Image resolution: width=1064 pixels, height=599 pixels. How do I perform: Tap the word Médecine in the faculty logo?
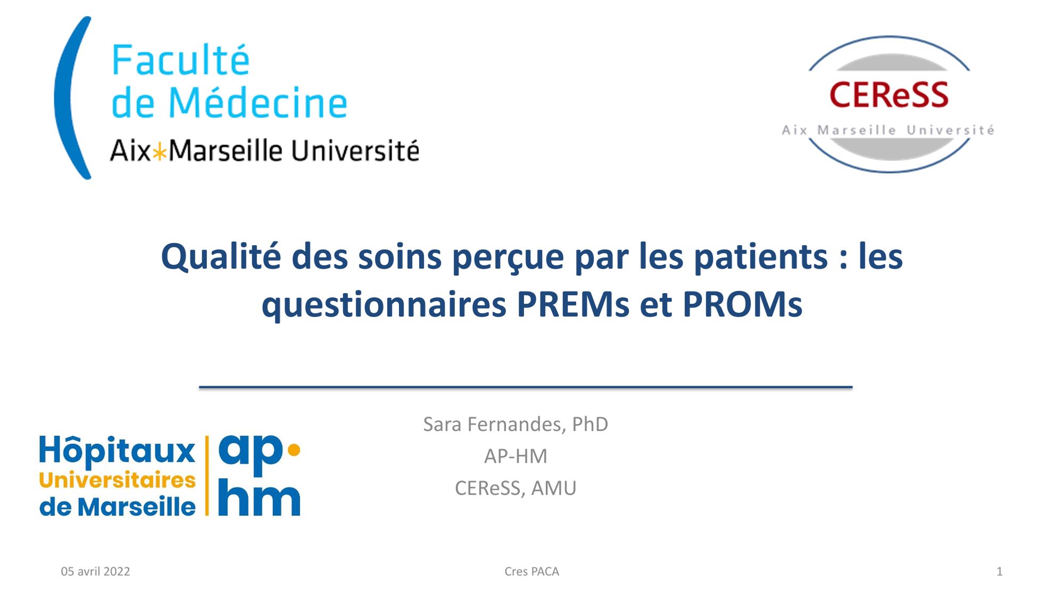[258, 102]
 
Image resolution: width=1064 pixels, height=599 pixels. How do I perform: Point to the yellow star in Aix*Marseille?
[160, 153]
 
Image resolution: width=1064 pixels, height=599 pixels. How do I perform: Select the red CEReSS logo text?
[889, 95]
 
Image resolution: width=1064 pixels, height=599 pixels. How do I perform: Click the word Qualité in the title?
[221, 256]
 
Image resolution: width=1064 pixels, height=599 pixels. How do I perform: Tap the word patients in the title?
[761, 257]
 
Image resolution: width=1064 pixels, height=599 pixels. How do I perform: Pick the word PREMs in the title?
[573, 304]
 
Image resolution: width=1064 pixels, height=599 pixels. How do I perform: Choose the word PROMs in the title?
[742, 304]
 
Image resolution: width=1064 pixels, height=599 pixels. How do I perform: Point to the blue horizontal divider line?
[526, 387]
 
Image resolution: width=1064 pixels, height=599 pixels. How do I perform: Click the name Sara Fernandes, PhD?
[516, 424]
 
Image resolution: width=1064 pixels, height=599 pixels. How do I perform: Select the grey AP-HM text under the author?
[516, 456]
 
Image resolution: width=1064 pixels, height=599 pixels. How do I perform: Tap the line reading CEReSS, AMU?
[516, 488]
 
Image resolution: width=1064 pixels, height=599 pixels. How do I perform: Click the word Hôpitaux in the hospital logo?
[117, 450]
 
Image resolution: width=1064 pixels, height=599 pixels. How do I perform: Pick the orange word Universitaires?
[117, 480]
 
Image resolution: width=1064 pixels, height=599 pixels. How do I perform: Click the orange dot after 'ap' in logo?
[294, 450]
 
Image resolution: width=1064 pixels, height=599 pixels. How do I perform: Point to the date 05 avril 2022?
[95, 571]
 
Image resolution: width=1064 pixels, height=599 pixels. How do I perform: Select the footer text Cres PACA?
[531, 571]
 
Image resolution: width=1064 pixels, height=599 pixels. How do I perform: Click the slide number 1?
[999, 571]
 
